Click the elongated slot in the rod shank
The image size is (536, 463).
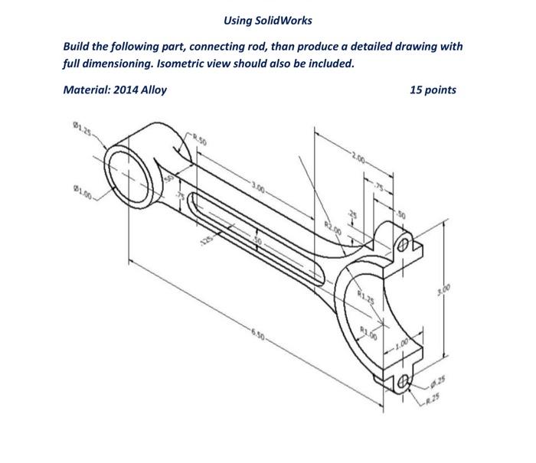tap(253, 237)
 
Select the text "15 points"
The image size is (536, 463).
tap(433, 90)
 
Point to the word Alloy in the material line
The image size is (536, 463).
tap(152, 90)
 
